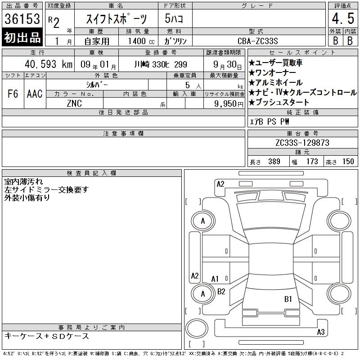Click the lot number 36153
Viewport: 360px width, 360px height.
[x=22, y=19]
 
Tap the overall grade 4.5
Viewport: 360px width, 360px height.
[x=343, y=18]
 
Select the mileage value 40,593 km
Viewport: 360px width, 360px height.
[x=49, y=64]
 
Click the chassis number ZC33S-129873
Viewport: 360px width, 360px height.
[x=302, y=143]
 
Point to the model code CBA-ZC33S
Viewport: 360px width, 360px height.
[x=257, y=41]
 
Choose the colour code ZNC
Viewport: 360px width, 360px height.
[x=74, y=103]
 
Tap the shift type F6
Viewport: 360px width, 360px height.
[x=13, y=94]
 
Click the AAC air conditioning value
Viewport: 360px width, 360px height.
[x=35, y=94]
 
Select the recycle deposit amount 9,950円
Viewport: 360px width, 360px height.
[x=229, y=104]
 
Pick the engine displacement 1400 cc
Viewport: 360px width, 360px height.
[x=141, y=41]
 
